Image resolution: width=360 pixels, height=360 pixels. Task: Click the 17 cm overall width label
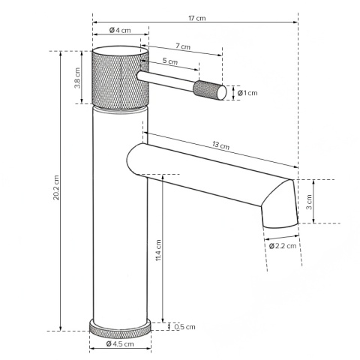click(x=197, y=18)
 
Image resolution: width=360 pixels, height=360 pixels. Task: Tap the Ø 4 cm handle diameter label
click(x=120, y=30)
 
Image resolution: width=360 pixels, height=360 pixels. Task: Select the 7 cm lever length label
click(x=183, y=46)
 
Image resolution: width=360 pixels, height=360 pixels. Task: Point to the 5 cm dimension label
click(x=170, y=61)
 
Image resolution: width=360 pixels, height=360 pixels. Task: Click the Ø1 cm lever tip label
click(x=247, y=93)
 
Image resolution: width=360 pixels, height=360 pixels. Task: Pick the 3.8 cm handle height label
click(x=77, y=78)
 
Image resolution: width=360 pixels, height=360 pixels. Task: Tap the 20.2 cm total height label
click(x=56, y=187)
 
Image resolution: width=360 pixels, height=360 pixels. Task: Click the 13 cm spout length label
click(x=220, y=145)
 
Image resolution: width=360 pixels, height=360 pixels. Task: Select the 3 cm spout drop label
click(x=309, y=202)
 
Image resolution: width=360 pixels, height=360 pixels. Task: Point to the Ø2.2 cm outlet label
click(x=283, y=246)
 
